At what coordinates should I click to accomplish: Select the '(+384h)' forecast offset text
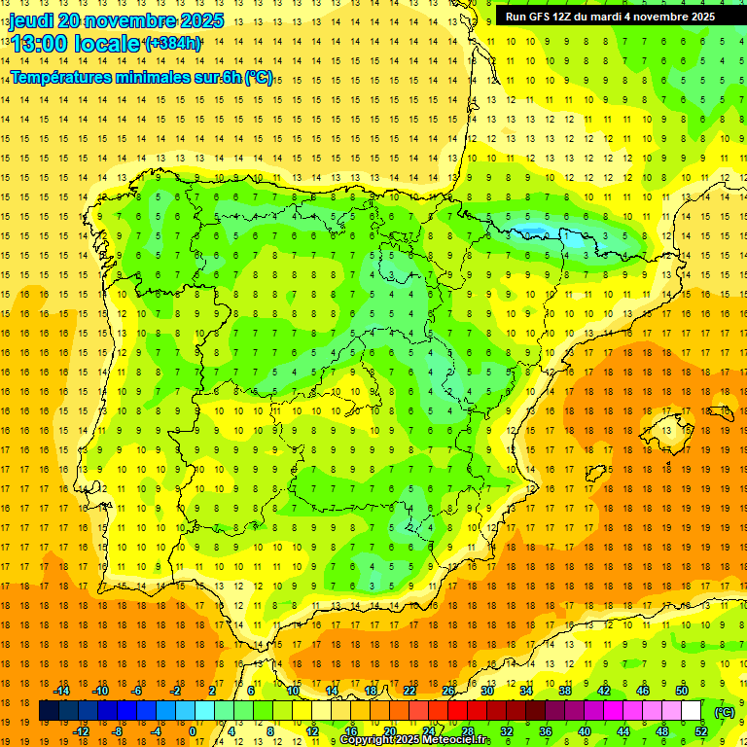point(172,43)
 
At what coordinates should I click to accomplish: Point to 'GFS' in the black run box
point(544,17)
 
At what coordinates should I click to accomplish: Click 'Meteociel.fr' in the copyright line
point(457,740)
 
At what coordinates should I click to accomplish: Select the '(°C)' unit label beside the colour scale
point(725,712)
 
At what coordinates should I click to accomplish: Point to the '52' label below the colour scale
point(701,731)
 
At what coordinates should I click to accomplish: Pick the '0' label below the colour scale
point(193,731)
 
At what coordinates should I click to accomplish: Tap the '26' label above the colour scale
point(448,690)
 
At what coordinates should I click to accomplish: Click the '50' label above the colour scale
point(682,690)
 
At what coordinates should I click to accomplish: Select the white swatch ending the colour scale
point(692,711)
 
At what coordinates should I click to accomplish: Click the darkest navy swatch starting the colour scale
point(49,711)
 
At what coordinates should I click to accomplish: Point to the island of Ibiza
point(592,474)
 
